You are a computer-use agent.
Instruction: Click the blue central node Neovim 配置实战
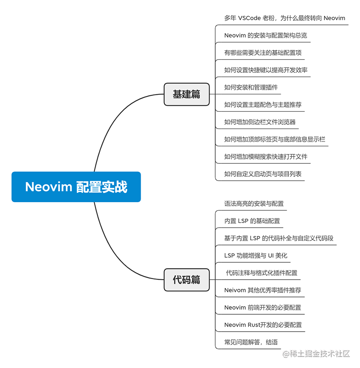point(76,187)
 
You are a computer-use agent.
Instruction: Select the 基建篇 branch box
point(187,94)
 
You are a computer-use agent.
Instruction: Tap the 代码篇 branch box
point(187,280)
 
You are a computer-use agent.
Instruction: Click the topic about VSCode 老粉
point(285,18)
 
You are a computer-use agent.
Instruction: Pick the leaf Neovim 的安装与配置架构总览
point(266,36)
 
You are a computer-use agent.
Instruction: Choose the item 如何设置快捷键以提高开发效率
point(266,70)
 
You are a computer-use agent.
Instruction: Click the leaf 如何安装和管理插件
point(251,88)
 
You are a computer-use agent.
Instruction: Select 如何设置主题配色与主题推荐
point(263,104)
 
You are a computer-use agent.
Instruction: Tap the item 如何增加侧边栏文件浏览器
point(260,122)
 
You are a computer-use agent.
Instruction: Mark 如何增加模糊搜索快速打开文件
point(266,157)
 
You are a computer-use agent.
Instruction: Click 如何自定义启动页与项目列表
point(263,174)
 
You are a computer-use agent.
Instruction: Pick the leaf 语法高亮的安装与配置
point(254,203)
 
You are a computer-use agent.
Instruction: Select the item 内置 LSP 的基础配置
point(252,221)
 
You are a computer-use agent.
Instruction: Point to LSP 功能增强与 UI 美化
point(256,255)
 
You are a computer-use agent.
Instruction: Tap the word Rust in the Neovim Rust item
point(255,325)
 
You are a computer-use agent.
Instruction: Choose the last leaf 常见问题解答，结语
point(251,342)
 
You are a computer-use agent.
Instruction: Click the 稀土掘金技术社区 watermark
point(316,354)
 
